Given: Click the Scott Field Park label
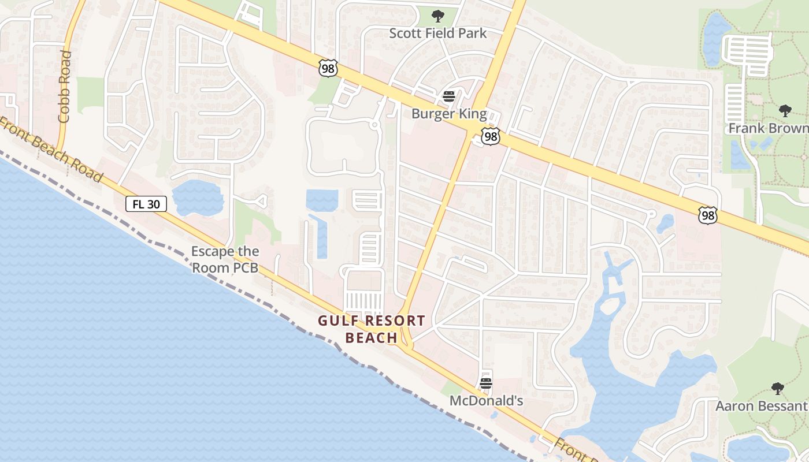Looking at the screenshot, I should pyautogui.click(x=437, y=33).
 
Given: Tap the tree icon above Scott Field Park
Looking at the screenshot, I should pyautogui.click(x=438, y=16).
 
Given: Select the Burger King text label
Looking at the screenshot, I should pyautogui.click(x=449, y=114).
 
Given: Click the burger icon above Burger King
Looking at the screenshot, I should pyautogui.click(x=449, y=96).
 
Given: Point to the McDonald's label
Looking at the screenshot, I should pyautogui.click(x=486, y=400).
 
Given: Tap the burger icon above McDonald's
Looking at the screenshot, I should pyautogui.click(x=486, y=383).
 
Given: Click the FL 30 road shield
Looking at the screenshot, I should pyautogui.click(x=146, y=203).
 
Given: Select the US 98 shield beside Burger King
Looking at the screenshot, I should pyautogui.click(x=491, y=137).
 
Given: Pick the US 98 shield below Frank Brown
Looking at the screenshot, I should pyautogui.click(x=707, y=215).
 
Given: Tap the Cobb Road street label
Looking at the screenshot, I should pyautogui.click(x=64, y=87).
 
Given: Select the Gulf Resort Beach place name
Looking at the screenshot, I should pyautogui.click(x=371, y=329).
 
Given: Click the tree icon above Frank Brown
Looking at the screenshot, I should pyautogui.click(x=785, y=110).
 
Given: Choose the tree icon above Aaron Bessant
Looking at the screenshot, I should pyautogui.click(x=778, y=388).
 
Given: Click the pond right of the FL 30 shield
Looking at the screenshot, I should pyautogui.click(x=198, y=197).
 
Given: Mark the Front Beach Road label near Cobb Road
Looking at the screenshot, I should pyautogui.click(x=52, y=149).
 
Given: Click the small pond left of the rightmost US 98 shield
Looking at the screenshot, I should pyautogui.click(x=666, y=222).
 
